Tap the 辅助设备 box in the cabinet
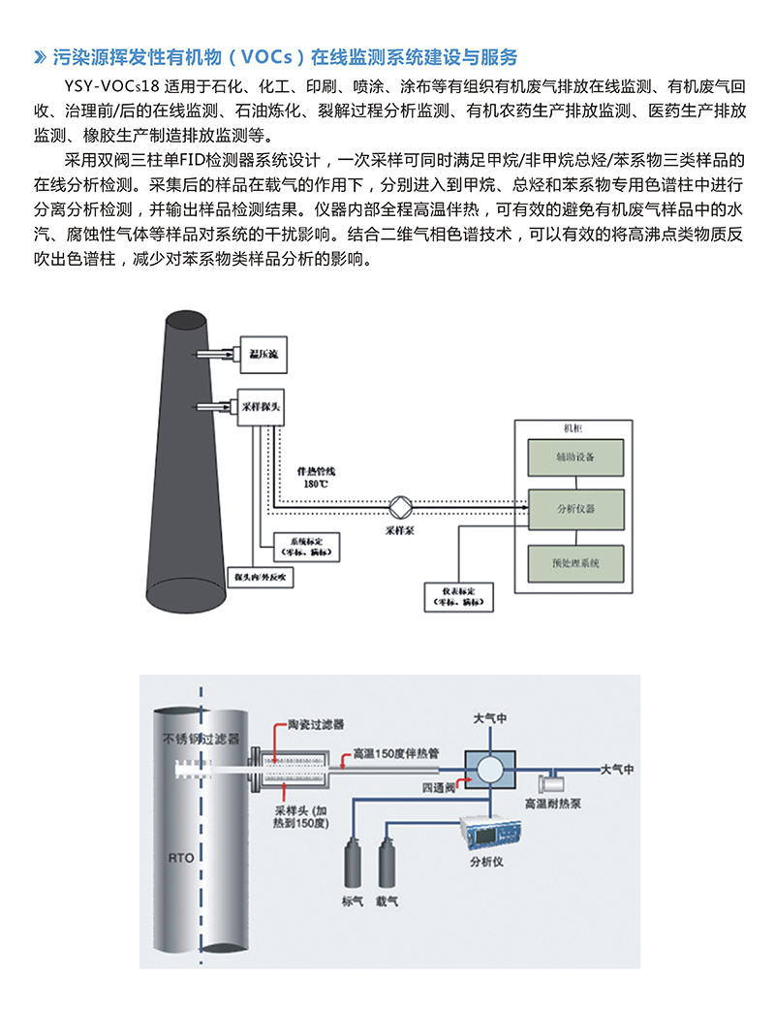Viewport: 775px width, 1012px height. tap(575, 457)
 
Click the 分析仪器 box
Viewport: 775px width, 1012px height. tap(575, 508)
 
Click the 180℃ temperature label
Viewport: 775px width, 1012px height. tap(315, 483)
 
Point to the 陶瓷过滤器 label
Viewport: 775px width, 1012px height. tap(316, 724)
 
